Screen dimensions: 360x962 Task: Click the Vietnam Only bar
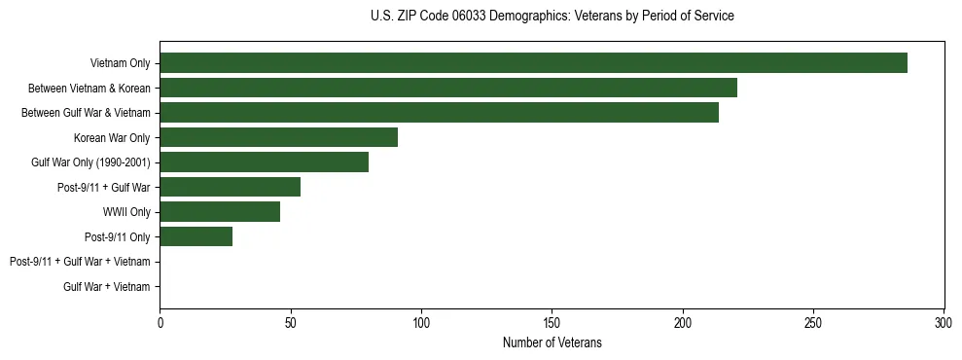click(x=533, y=63)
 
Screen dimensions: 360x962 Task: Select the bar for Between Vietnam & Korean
click(x=448, y=88)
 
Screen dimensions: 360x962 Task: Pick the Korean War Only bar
click(x=278, y=137)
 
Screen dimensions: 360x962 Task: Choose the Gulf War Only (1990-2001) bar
click(x=265, y=162)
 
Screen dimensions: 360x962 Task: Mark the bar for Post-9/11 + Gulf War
click(x=231, y=187)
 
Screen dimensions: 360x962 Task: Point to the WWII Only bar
click(x=220, y=212)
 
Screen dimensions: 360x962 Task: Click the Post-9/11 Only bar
click(x=196, y=236)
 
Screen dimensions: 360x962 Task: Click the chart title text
click(x=552, y=17)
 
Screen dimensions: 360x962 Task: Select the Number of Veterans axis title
click(x=552, y=342)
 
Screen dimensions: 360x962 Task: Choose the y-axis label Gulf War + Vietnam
click(x=107, y=287)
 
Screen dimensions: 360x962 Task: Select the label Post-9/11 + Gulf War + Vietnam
click(x=80, y=262)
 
